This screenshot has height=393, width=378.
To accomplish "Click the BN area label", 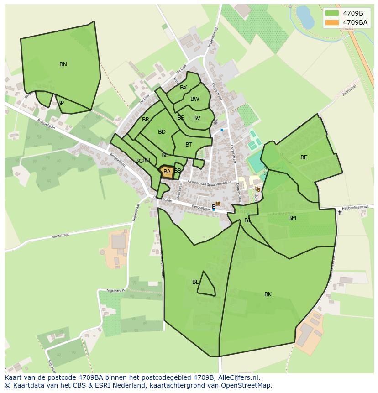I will [63, 64].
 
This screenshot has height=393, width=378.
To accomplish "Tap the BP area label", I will [60, 103].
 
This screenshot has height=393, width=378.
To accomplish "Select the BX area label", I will [183, 88].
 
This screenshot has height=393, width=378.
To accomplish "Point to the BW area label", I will [194, 99].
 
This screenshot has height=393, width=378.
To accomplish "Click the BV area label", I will [196, 118].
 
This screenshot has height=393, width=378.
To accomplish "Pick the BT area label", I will [189, 145].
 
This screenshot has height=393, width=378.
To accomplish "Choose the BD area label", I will [162, 132].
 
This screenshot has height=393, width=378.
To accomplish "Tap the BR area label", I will [146, 120].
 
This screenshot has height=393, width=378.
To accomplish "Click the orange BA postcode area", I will [167, 172].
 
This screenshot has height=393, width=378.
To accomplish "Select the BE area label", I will [304, 157].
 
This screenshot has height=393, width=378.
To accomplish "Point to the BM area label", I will [292, 218].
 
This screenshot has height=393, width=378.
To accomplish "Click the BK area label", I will [268, 294].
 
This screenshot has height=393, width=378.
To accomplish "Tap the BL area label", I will [195, 282].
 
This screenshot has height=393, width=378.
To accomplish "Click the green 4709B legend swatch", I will [332, 13].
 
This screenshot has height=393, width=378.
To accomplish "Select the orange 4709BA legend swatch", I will [332, 22].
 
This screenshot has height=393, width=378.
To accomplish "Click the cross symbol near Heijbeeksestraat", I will [339, 213].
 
